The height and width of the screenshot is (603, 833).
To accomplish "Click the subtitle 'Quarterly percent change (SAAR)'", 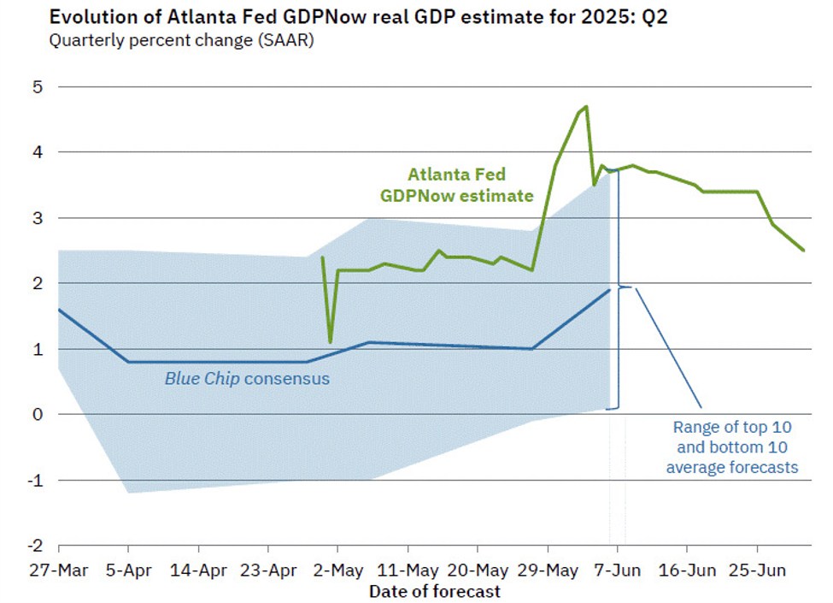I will click(181, 40).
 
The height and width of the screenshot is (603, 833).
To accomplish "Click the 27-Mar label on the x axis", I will click(58, 570).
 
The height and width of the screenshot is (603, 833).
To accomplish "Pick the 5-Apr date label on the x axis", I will click(128, 570).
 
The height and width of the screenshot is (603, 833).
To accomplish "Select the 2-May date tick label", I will click(338, 570).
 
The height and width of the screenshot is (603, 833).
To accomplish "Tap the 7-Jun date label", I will click(618, 570).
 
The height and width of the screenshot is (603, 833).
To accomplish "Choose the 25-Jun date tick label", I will click(757, 570).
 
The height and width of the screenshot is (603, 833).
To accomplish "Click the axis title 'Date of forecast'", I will click(434, 591).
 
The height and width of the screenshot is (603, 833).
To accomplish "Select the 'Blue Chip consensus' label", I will click(246, 378).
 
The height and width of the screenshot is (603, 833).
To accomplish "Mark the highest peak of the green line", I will click(586, 107).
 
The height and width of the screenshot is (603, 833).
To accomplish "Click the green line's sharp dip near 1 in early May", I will click(330, 342).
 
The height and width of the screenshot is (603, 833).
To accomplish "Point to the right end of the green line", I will click(803, 250).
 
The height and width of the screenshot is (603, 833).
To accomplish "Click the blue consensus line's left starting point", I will click(59, 310).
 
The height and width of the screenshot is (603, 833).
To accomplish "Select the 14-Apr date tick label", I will click(198, 570).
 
